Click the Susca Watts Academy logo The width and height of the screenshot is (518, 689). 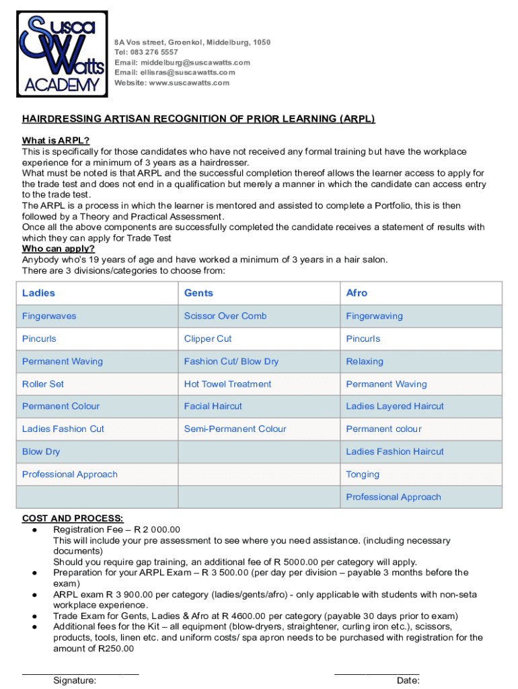(61, 55)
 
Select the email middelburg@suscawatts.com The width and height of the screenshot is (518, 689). (195, 63)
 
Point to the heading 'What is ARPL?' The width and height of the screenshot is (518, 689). (56, 141)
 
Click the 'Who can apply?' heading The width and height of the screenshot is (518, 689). (59, 248)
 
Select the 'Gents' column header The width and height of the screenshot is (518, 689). (198, 293)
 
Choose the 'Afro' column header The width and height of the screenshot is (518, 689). (357, 293)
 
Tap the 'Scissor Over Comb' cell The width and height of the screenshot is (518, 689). (225, 316)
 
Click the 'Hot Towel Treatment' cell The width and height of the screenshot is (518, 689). (227, 384)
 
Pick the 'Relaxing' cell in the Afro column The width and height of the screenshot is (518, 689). (365, 361)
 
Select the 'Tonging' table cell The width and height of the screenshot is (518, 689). (363, 474)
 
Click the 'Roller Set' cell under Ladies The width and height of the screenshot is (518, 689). (43, 384)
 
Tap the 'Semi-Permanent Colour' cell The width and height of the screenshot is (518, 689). (235, 429)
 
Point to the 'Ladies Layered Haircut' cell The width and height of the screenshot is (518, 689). (395, 406)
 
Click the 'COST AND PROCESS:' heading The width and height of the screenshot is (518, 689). (73, 518)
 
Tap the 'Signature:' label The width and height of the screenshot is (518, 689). (75, 680)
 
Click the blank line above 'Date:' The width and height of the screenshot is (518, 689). (377, 672)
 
